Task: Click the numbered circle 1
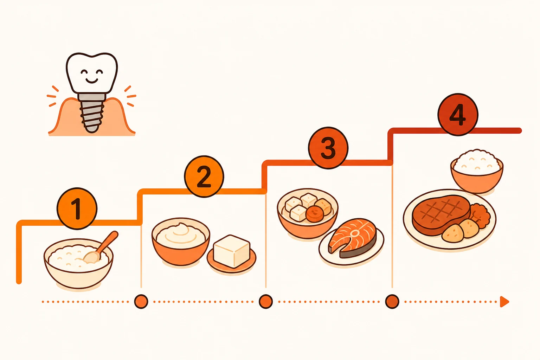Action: coord(77,208)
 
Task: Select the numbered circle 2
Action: coord(204,176)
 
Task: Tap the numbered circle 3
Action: coord(328,148)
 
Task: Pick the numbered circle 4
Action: coord(458,115)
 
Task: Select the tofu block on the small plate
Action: coord(231,251)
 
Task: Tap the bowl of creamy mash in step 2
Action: coord(181,242)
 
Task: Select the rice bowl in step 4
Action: coord(477,171)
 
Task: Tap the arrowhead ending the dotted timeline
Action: coord(504,302)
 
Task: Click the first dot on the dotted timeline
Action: coord(141,302)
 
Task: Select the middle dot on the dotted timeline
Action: coord(266,302)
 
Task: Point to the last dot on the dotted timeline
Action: coord(392,302)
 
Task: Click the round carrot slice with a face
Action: coord(315,214)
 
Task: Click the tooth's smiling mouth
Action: coord(92,80)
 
